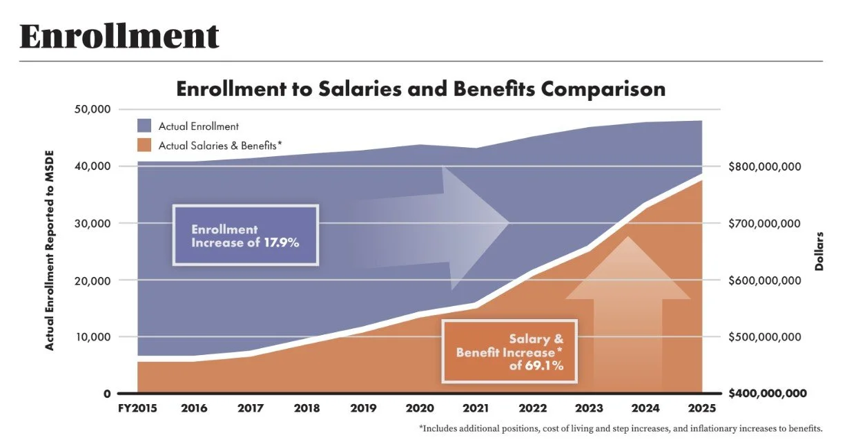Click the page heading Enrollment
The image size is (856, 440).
[x=119, y=36]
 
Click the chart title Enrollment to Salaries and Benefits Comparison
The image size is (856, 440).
[x=420, y=89]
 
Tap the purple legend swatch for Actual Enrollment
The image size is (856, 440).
[x=144, y=126]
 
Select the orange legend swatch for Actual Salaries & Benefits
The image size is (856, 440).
[x=144, y=145]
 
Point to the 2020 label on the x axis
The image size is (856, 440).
[x=420, y=408]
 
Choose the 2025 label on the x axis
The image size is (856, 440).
[x=702, y=408]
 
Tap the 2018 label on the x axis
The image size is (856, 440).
[x=307, y=408]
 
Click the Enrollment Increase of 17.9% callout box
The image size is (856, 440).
[x=245, y=236]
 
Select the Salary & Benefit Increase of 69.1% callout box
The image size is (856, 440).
[x=509, y=352]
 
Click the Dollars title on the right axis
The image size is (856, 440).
[x=820, y=251]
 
